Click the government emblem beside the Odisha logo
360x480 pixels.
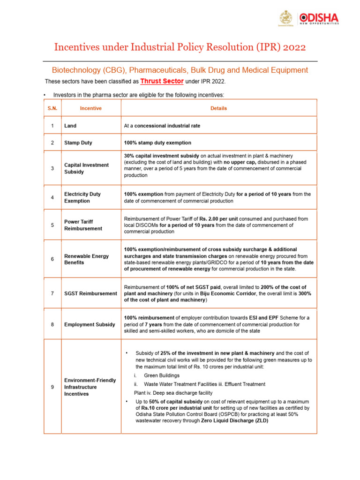pos(285,19)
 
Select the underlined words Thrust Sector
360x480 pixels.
pos(162,81)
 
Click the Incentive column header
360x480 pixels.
pos(90,108)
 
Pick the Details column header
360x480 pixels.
pos(218,108)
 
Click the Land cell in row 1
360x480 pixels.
pos(70,126)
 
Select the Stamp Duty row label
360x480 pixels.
pos(78,142)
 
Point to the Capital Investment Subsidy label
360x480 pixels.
pos(86,168)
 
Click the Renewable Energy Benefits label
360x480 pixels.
pos(86,259)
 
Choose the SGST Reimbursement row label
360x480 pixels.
pos(90,293)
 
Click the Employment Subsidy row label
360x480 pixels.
pos(90,324)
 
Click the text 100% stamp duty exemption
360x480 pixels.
pos(157,142)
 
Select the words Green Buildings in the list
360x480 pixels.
pos(162,375)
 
